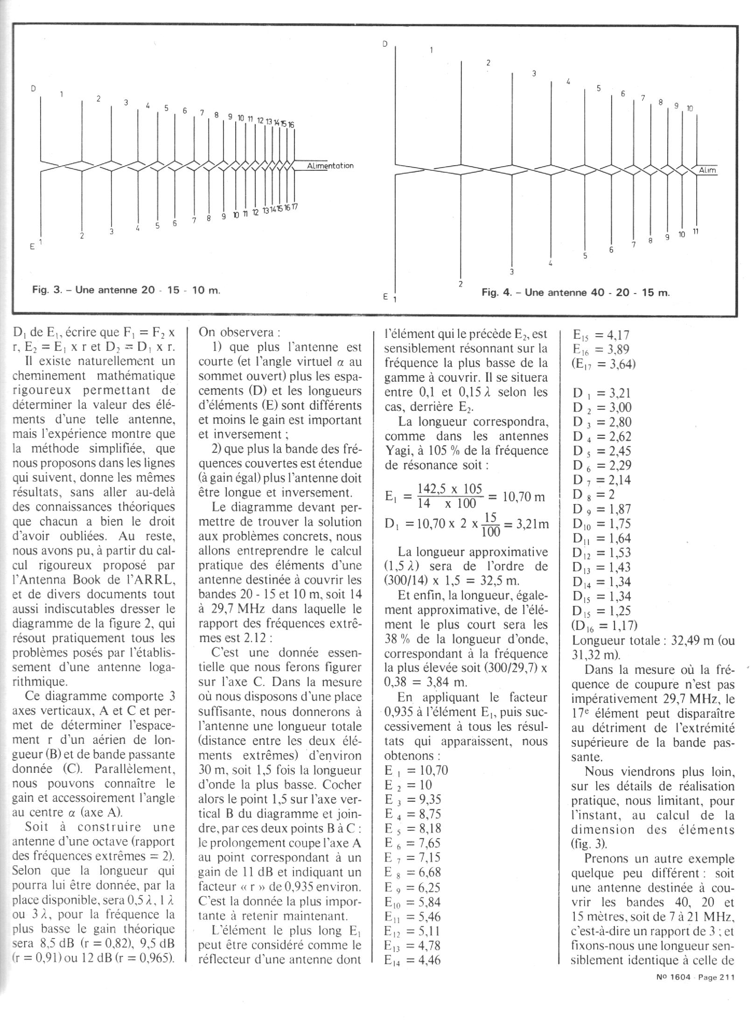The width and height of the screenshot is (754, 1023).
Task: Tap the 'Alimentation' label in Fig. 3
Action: [330, 166]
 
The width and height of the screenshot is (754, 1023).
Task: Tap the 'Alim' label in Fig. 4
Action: [707, 170]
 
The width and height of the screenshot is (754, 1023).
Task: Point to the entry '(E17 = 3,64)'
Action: [604, 364]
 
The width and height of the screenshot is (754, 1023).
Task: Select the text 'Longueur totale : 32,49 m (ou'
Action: [653, 640]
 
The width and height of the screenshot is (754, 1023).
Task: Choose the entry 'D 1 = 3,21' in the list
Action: [602, 392]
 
